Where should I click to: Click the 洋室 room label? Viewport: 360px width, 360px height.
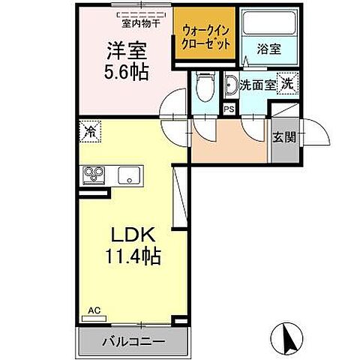coord(124,52)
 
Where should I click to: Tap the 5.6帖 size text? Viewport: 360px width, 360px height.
coord(124,72)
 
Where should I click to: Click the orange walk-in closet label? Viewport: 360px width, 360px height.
coord(206,36)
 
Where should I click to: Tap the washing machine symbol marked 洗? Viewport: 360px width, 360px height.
coord(287,84)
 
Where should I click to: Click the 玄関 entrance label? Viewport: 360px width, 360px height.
coord(283,136)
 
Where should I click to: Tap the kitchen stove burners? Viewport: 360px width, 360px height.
coord(95,176)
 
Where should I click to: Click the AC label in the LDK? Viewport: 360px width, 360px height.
coord(94,309)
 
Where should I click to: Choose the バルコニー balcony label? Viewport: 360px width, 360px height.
coord(133,342)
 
